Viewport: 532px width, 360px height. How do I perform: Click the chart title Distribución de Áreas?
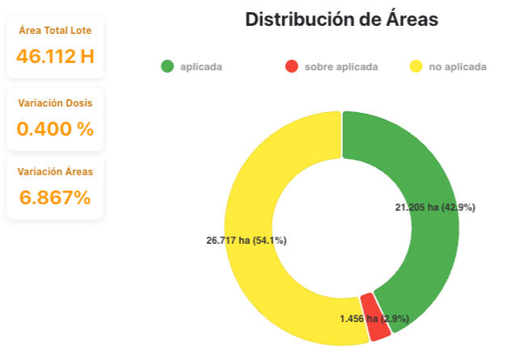pyautogui.click(x=341, y=19)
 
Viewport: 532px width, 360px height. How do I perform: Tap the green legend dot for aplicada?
pyautogui.click(x=167, y=66)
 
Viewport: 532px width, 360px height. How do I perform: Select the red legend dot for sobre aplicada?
pyautogui.click(x=291, y=66)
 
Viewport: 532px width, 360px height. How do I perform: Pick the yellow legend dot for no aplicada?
pyautogui.click(x=416, y=66)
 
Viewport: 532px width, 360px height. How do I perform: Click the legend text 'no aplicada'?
pyautogui.click(x=458, y=67)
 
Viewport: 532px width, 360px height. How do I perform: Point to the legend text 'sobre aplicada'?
pyautogui.click(x=341, y=67)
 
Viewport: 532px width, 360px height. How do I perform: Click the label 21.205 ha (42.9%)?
pyautogui.click(x=434, y=207)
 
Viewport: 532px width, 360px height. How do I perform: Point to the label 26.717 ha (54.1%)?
pyautogui.click(x=246, y=241)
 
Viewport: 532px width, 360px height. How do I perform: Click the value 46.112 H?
pyautogui.click(x=55, y=57)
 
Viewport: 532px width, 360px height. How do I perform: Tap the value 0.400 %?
pyautogui.click(x=55, y=128)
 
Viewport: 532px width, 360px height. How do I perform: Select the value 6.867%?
pyautogui.click(x=55, y=197)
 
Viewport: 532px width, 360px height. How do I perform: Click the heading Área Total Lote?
pyautogui.click(x=55, y=31)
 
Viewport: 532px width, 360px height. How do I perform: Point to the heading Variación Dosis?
pyautogui.click(x=55, y=103)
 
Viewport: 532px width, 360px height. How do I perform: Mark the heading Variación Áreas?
pyautogui.click(x=55, y=172)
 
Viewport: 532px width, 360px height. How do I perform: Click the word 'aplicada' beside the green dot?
pyautogui.click(x=201, y=67)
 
